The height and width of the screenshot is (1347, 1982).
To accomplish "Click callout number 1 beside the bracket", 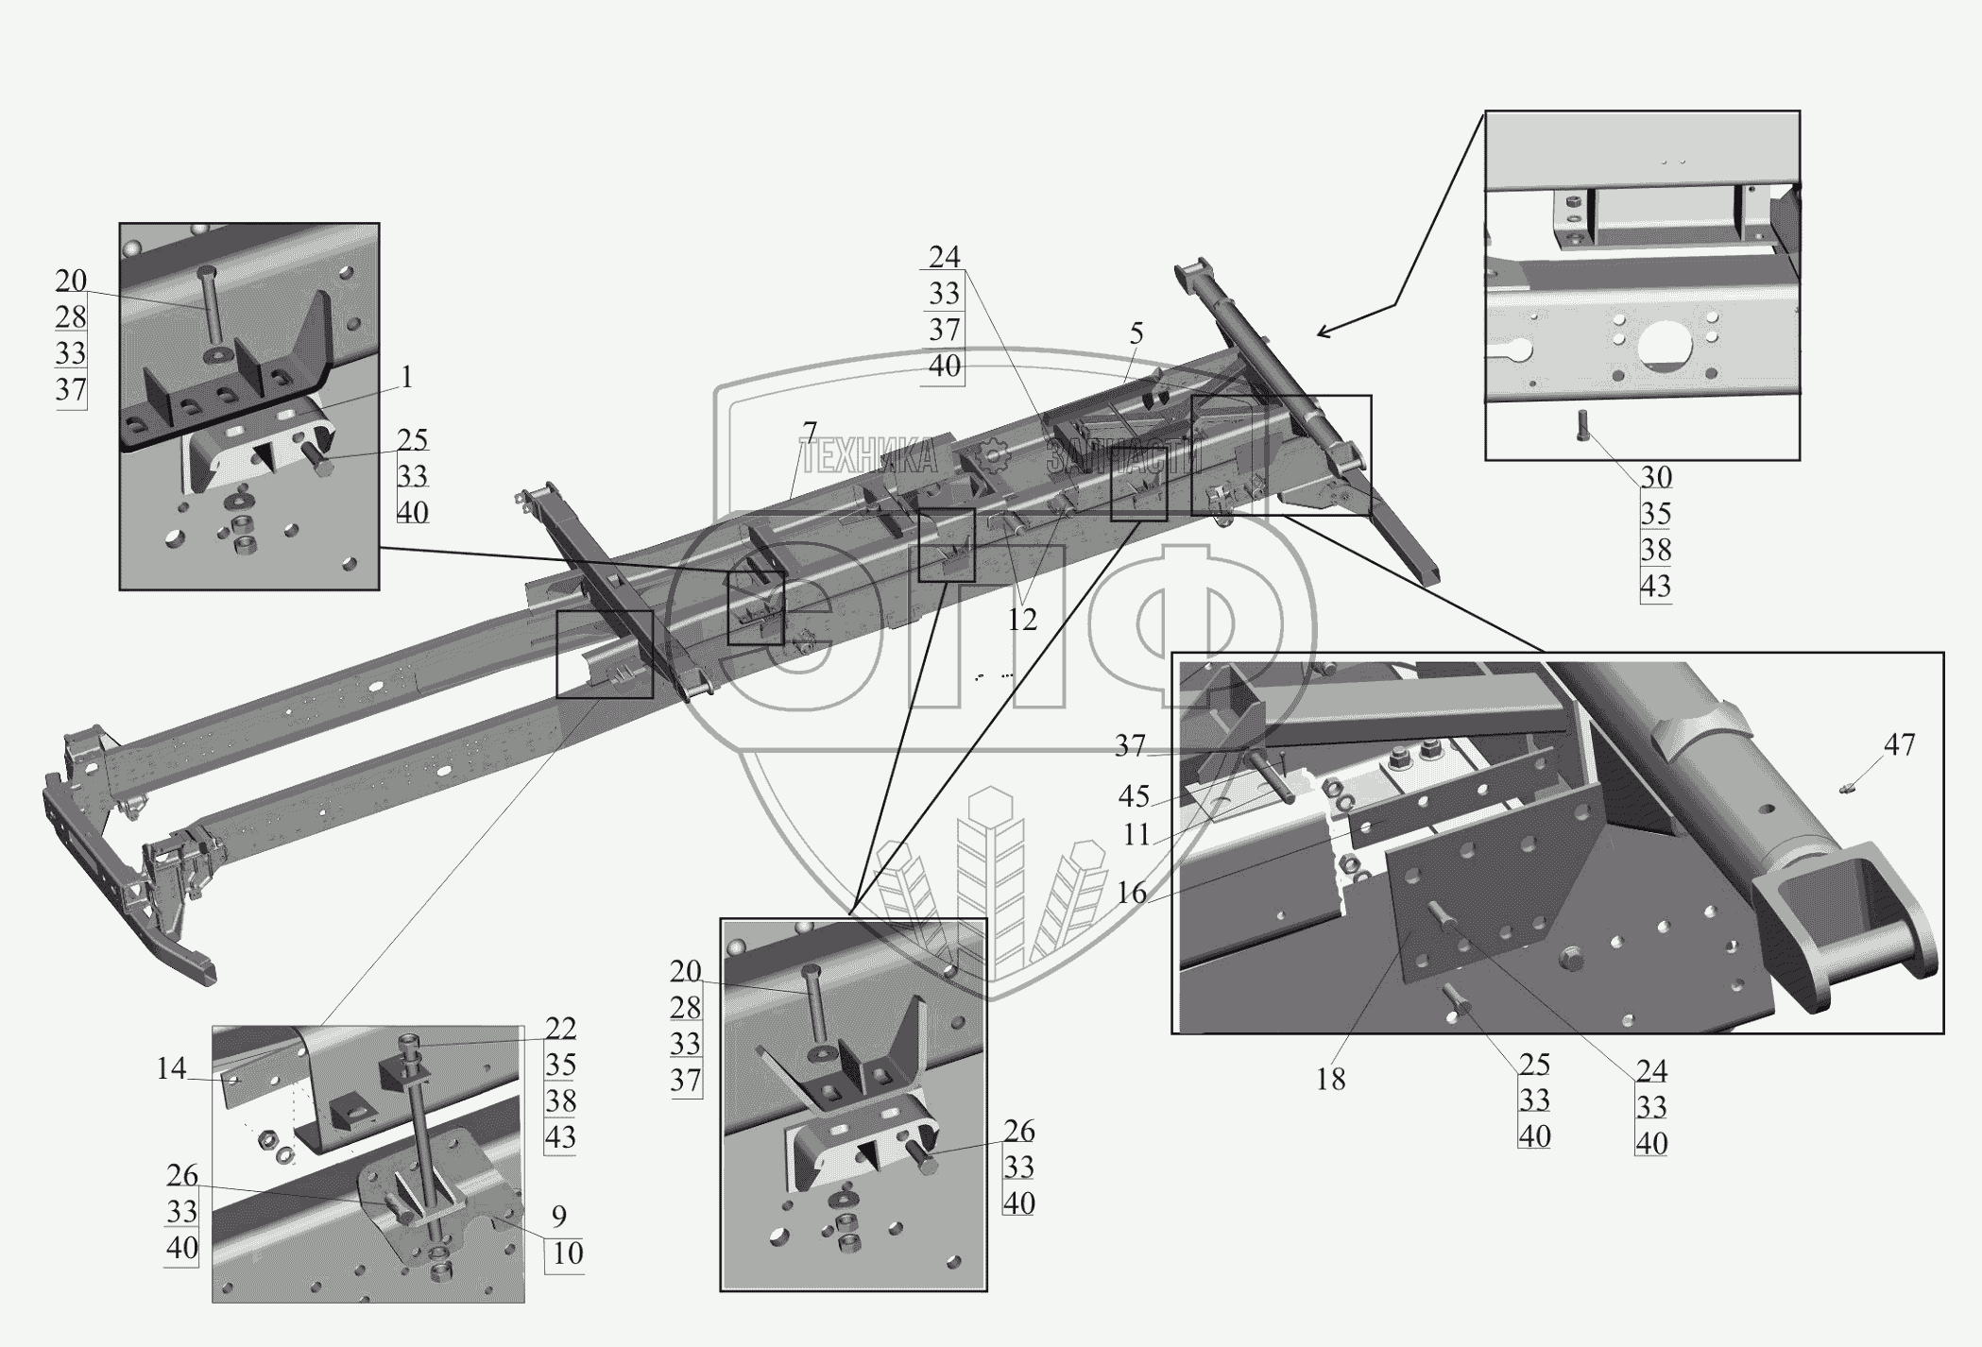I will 406,378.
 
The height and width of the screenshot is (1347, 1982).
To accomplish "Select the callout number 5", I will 1136,333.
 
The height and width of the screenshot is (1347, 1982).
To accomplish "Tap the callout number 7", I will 810,434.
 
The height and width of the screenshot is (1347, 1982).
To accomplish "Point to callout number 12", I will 1022,620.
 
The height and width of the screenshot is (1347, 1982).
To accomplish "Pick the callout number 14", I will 172,1069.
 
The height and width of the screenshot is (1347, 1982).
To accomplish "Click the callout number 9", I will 559,1216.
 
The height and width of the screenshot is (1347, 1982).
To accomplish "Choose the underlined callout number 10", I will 568,1253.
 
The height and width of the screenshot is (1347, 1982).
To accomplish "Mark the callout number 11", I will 1137,834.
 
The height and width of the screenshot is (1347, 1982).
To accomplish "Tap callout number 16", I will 1132,893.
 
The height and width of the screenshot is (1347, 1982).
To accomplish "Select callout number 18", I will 1330,1079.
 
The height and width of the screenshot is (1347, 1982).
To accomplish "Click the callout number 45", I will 1134,797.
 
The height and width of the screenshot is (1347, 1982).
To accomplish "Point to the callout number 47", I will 1900,745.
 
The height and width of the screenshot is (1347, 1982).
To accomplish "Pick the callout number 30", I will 1656,478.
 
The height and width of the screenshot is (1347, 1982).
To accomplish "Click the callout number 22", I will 560,1029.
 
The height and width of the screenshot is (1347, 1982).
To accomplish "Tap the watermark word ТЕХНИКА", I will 869,459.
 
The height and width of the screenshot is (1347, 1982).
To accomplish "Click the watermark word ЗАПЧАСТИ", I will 1124,459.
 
